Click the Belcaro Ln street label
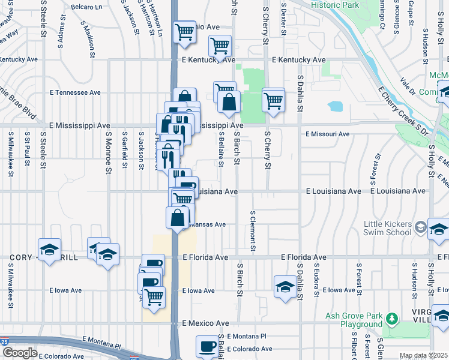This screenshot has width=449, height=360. point(86,7)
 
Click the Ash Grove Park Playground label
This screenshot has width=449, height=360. point(354,320)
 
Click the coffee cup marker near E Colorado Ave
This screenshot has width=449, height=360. point(208,346)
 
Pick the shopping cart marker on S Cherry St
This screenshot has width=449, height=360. point(274,100)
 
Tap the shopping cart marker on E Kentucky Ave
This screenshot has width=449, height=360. point(220,46)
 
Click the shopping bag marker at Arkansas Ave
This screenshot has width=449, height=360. point(178,218)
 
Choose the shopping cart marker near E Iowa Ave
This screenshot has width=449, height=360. point(154,296)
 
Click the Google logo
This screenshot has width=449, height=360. point(20,353)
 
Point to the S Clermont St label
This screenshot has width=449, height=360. point(253,231)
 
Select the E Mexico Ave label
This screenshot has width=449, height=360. point(206,323)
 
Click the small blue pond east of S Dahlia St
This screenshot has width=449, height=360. point(335,107)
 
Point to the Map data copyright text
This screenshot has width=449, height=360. point(423,355)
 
